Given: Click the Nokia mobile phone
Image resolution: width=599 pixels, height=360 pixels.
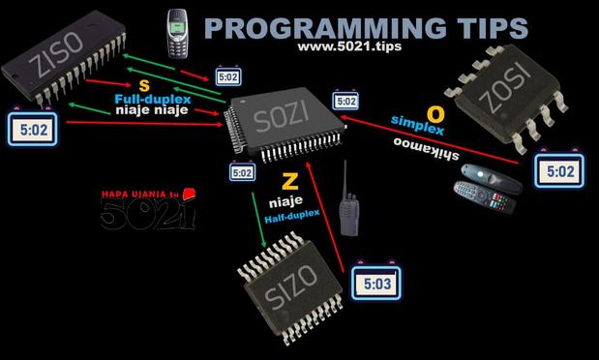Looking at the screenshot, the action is click(177, 34).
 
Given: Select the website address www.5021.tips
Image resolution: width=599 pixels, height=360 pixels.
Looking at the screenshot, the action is click(349, 46).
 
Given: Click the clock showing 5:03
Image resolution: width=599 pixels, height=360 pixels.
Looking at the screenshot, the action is click(376, 282).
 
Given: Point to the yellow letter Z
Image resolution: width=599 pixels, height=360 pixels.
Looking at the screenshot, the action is click(290, 182).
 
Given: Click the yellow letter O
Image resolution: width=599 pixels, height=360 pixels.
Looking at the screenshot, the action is click(435, 114).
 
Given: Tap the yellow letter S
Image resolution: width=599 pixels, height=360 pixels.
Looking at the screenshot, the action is click(144, 86).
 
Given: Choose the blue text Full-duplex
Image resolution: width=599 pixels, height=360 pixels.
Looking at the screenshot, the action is click(153, 100).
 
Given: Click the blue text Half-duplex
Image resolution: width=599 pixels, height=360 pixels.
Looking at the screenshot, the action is click(292, 217).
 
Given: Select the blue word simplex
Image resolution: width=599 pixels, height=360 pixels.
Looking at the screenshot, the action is click(417, 125).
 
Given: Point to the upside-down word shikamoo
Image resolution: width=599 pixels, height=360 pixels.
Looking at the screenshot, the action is click(426, 149).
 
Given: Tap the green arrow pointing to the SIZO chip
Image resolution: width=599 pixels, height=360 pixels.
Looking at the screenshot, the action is click(258, 220).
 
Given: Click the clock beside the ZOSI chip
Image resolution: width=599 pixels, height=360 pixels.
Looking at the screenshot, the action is click(559, 170).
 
